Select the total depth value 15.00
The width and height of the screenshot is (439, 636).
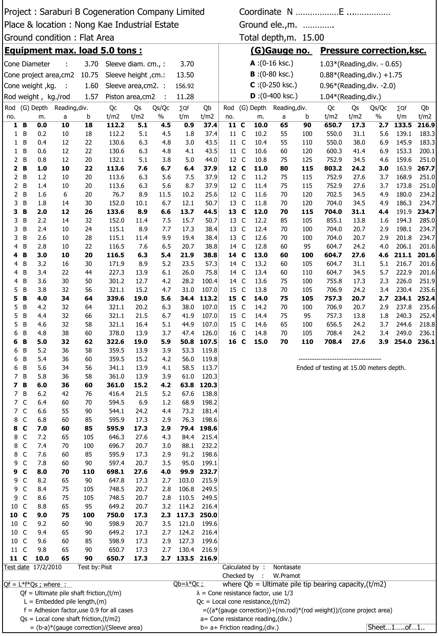(313, 37)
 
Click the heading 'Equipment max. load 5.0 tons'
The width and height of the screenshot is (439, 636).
(73, 51)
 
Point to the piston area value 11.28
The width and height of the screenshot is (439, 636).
(185, 97)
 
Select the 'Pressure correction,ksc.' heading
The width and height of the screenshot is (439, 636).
(373, 51)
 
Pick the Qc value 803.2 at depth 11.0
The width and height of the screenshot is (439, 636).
(333, 168)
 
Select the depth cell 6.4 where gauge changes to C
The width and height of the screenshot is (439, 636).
(42, 402)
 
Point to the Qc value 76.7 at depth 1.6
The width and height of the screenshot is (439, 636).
(118, 194)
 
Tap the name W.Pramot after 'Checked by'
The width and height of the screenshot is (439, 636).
(286, 576)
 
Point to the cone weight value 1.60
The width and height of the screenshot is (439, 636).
(91, 86)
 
